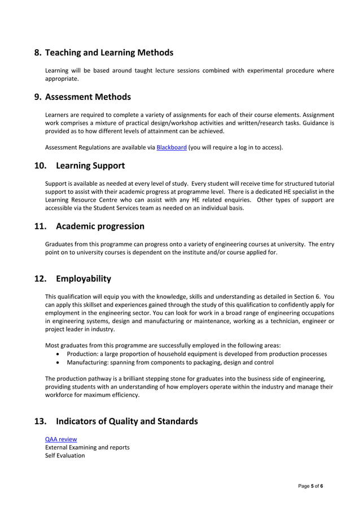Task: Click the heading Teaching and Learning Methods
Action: click(109, 53)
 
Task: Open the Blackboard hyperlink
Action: click(172, 148)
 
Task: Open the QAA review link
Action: click(61, 439)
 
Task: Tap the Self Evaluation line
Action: click(65, 455)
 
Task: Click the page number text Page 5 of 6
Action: click(311, 486)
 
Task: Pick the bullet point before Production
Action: click(59, 354)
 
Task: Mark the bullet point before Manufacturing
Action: click(59, 363)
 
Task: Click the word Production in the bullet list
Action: click(84, 354)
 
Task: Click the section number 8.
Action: click(38, 53)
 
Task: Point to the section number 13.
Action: click(40, 421)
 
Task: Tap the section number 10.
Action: click(40, 165)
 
